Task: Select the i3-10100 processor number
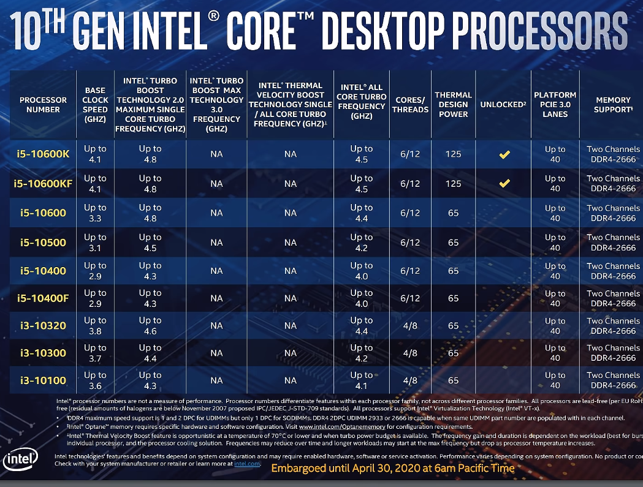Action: pyautogui.click(x=43, y=380)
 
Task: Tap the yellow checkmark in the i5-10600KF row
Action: pyautogui.click(x=504, y=183)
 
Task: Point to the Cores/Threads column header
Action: pyautogui.click(x=410, y=105)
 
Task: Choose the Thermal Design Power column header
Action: pyautogui.click(x=453, y=105)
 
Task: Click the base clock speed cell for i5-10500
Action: pyautogui.click(x=95, y=243)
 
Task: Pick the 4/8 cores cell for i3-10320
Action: pyautogui.click(x=409, y=326)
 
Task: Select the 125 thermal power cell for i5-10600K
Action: pyautogui.click(x=453, y=154)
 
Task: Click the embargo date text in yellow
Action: pyautogui.click(x=392, y=468)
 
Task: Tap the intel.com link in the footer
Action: pyautogui.click(x=248, y=464)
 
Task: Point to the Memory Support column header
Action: pyautogui.click(x=612, y=105)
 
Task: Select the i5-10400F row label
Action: pyautogui.click(x=43, y=299)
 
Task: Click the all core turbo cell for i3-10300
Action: pyautogui.click(x=361, y=353)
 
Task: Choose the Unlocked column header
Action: pyautogui.click(x=503, y=105)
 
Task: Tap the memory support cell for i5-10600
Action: pyautogui.click(x=612, y=213)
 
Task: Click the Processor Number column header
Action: pyautogui.click(x=43, y=105)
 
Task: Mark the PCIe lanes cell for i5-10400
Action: pyautogui.click(x=555, y=271)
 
